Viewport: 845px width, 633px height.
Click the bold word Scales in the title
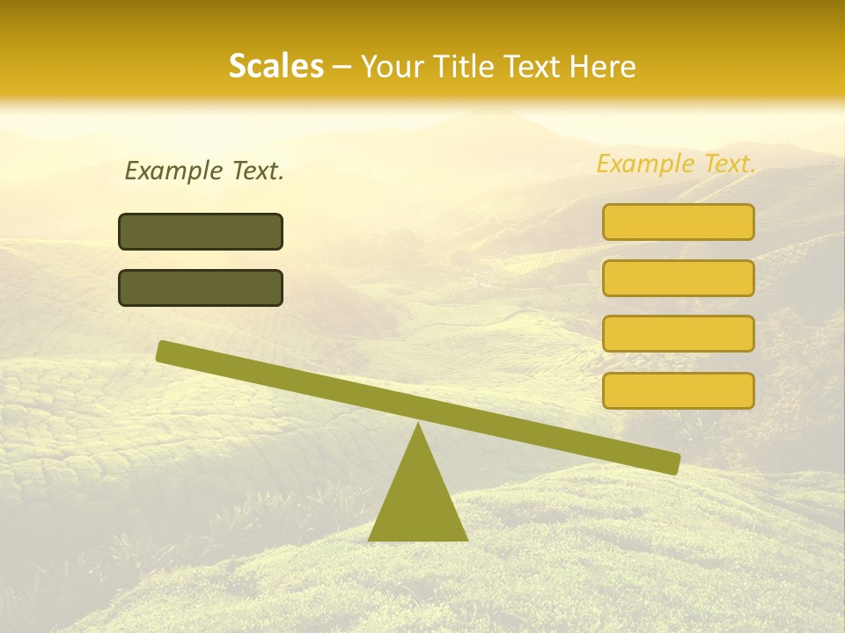(276, 66)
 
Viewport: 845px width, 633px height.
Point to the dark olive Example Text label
(204, 171)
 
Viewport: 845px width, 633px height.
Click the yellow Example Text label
(676, 164)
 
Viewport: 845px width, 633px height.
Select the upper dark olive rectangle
(201, 231)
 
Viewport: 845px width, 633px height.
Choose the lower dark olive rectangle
(201, 287)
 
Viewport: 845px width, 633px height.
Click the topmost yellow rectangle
(678, 222)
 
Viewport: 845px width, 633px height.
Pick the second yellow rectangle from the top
(678, 278)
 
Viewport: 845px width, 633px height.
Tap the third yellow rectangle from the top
(678, 334)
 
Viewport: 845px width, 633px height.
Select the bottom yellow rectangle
(678, 390)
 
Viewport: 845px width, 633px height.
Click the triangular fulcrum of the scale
(418, 497)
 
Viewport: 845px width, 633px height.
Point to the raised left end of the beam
(163, 351)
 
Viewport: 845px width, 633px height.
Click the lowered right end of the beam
(673, 462)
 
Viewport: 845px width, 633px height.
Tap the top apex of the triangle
(418, 425)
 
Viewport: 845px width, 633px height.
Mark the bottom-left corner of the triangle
(370, 539)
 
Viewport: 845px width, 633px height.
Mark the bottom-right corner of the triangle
(467, 539)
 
